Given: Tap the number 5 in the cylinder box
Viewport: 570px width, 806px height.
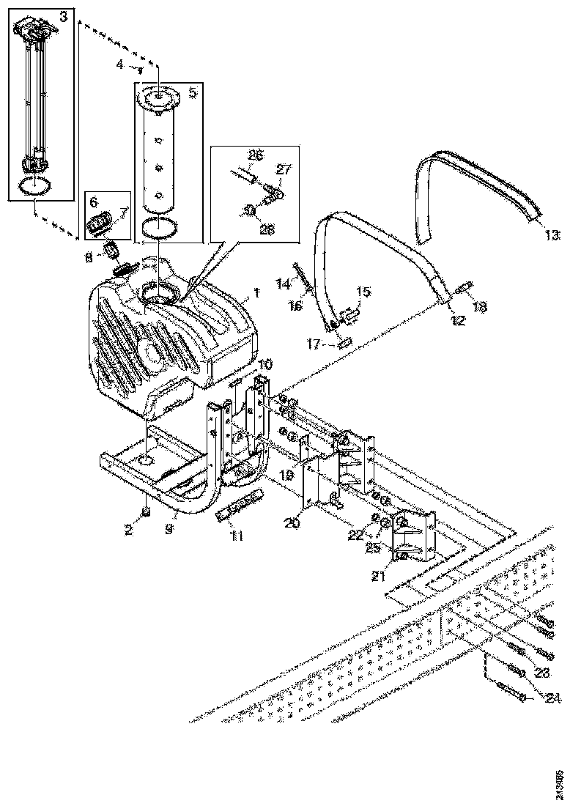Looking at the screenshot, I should (193, 92).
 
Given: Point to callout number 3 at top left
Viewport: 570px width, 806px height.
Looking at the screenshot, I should (63, 17).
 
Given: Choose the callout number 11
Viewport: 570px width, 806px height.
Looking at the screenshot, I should (235, 536).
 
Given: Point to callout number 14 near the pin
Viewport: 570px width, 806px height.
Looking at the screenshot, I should (282, 282).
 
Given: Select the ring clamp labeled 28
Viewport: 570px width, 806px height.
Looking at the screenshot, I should (251, 210).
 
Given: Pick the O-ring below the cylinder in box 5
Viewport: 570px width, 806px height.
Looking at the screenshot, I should (159, 226).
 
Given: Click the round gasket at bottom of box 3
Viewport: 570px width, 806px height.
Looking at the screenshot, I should (34, 185).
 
